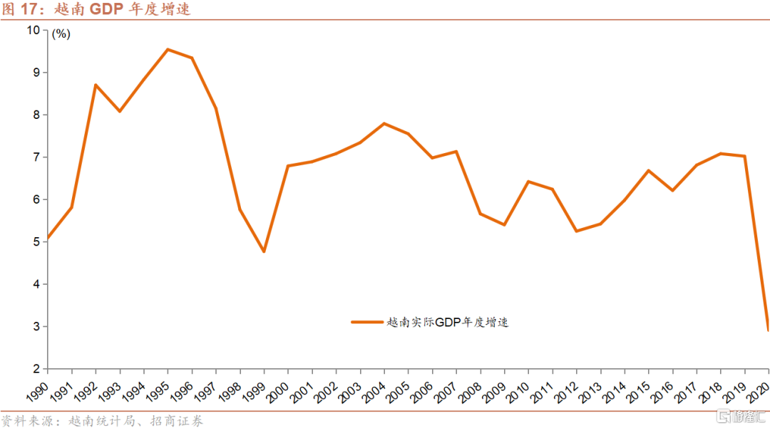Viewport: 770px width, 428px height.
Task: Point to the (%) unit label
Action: click(x=61, y=34)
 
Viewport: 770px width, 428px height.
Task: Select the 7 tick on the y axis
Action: click(x=38, y=157)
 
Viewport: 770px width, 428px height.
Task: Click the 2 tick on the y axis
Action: click(x=38, y=369)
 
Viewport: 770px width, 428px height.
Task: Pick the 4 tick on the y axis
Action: click(x=38, y=284)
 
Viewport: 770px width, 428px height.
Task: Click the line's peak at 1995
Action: click(x=168, y=49)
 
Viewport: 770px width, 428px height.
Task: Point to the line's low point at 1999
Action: click(x=264, y=251)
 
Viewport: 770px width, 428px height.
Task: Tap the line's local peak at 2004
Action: click(x=384, y=123)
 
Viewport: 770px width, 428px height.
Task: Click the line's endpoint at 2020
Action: click(x=768, y=330)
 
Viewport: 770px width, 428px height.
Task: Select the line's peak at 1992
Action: click(x=96, y=85)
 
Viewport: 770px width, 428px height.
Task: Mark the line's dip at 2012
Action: click(x=576, y=231)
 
